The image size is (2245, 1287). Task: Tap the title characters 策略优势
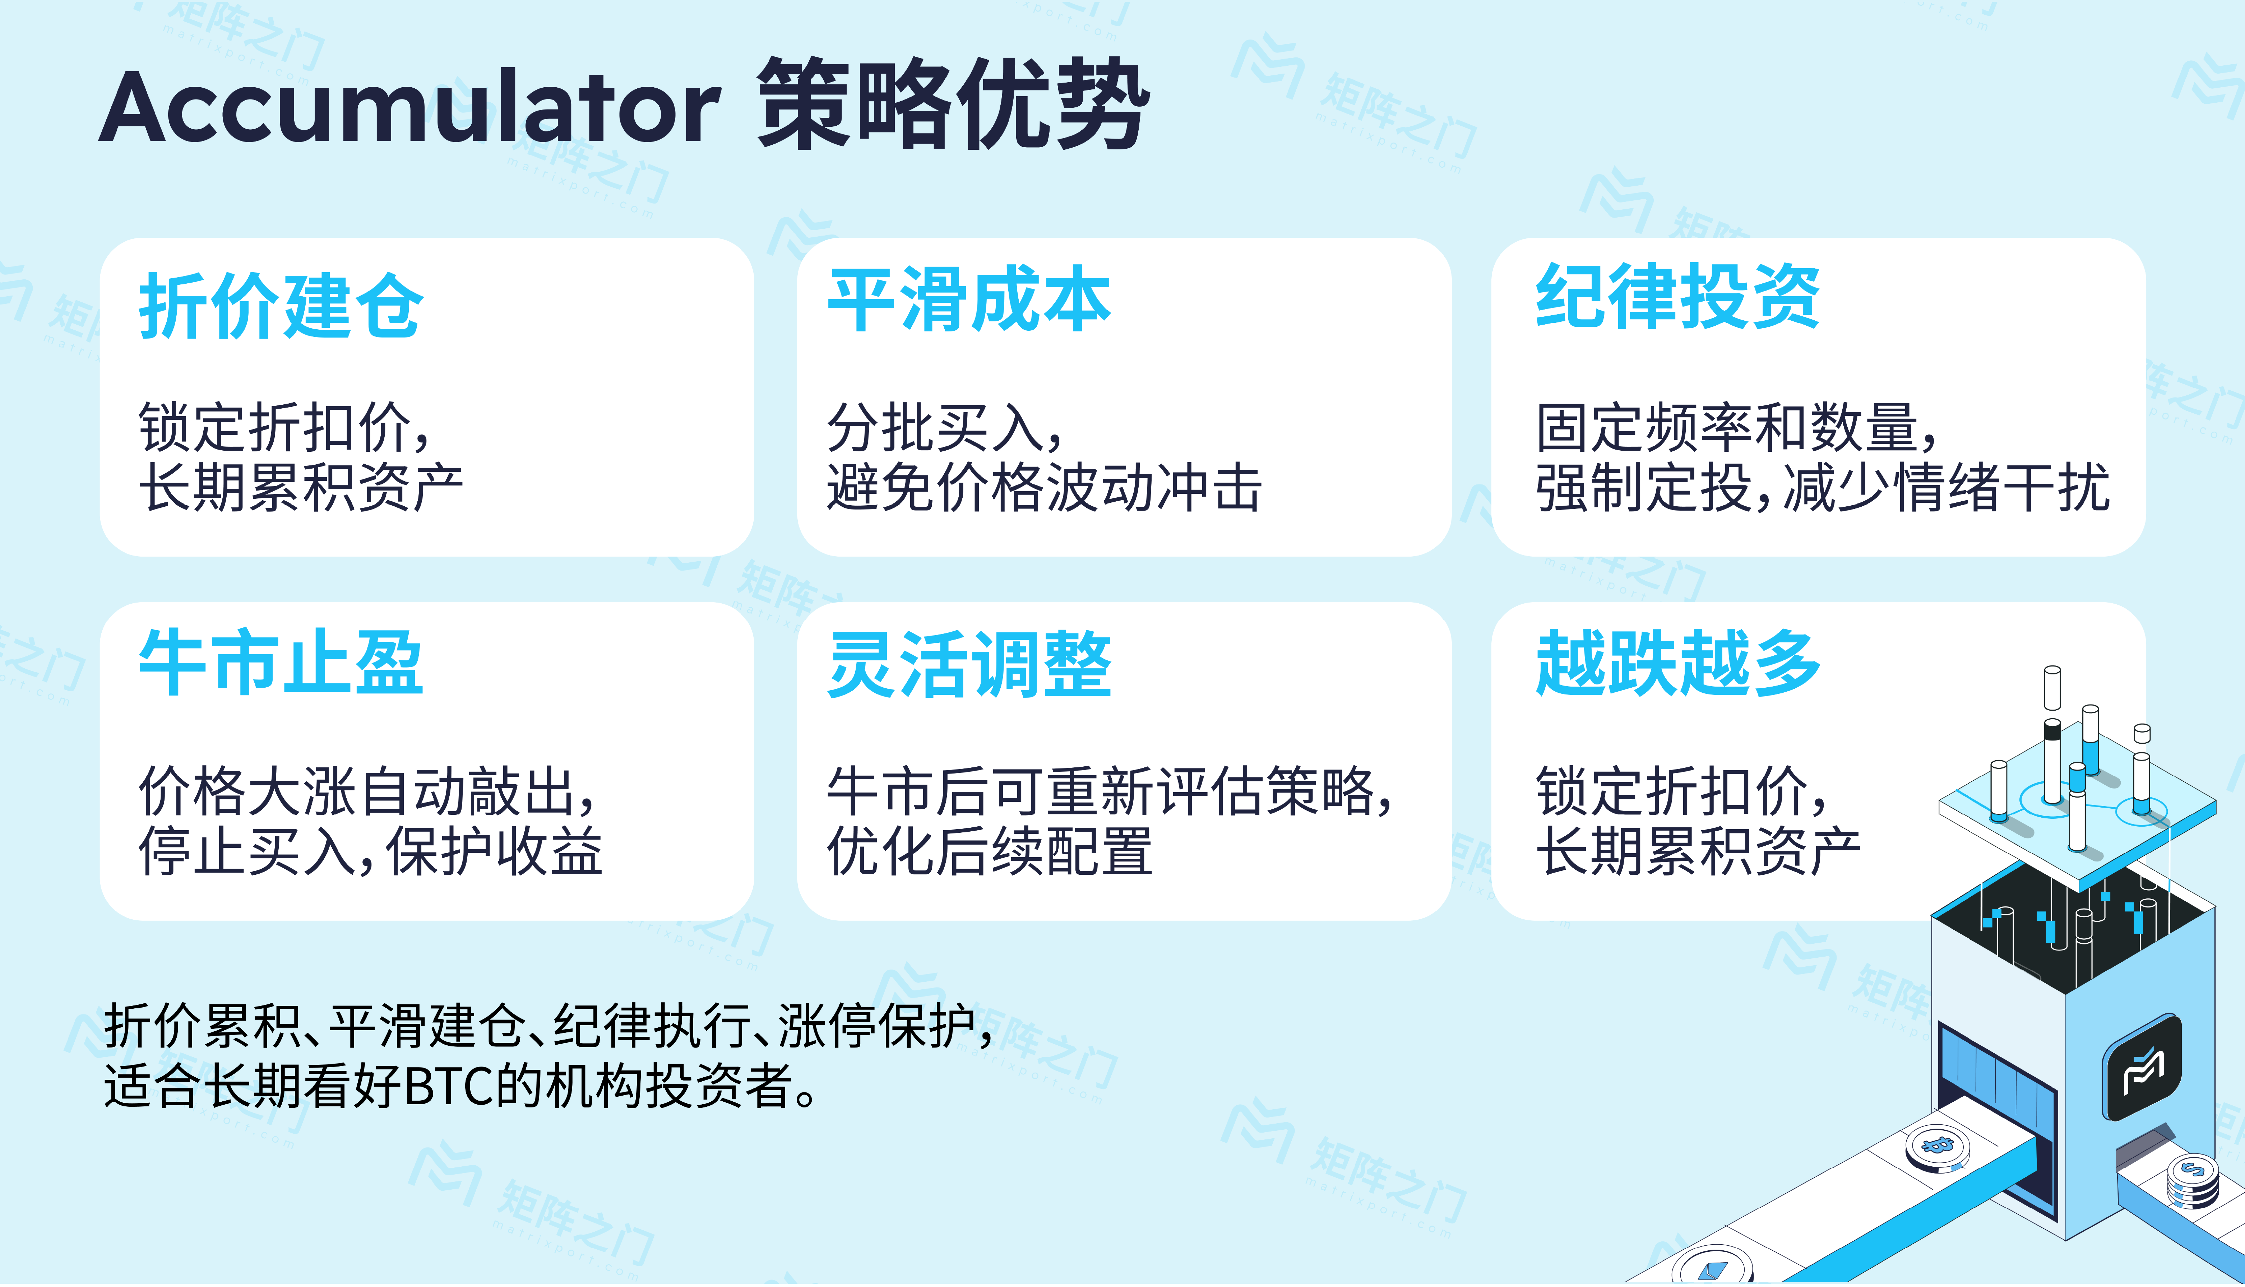953,104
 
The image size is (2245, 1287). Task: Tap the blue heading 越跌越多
1677,663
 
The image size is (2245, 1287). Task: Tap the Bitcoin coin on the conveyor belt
1936,1147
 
